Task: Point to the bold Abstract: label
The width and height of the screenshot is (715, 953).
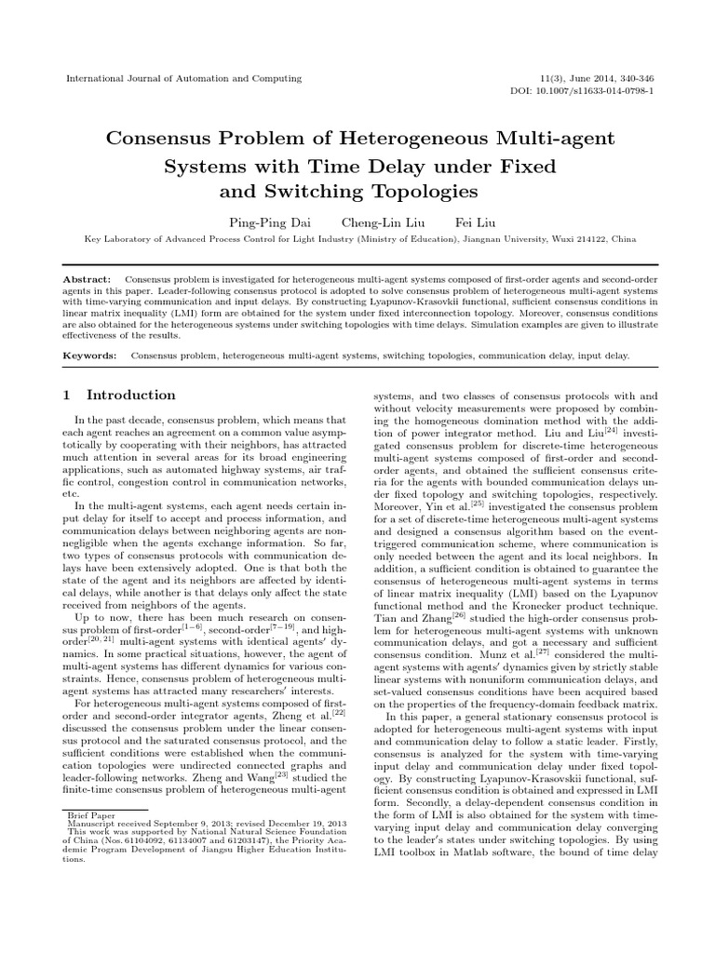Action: [x=87, y=279]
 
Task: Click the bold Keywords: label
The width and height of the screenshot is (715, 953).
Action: [x=90, y=356]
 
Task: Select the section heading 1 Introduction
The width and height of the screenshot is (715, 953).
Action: [x=118, y=395]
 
